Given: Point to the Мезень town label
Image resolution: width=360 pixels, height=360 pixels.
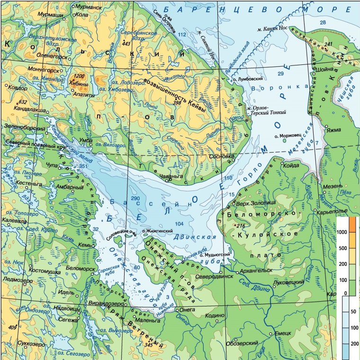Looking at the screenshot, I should click(x=332, y=187).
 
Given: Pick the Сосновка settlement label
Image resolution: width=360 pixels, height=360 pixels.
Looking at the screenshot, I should click(x=220, y=156).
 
